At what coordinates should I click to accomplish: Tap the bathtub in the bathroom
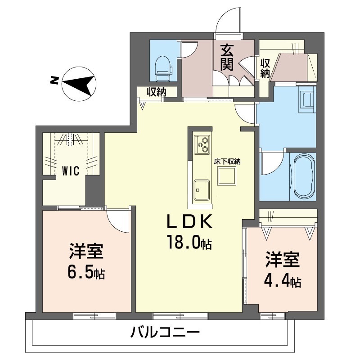point(305,176)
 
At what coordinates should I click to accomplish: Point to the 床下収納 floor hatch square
point(226,175)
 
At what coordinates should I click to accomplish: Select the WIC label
point(71,171)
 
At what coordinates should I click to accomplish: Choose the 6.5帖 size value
point(87,272)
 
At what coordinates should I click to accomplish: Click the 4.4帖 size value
point(283,281)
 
